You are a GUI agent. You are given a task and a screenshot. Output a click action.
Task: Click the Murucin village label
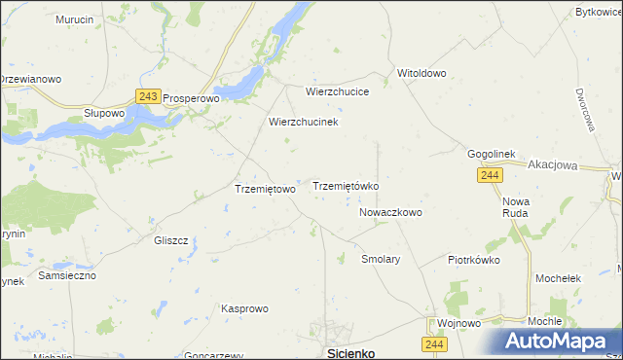pyautogui.click(x=74, y=19)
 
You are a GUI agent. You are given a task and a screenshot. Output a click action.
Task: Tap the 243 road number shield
pyautogui.click(x=148, y=96)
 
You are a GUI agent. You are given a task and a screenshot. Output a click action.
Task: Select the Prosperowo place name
pyautogui.click(x=193, y=98)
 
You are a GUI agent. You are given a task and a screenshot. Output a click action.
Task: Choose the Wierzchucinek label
pyautogui.click(x=303, y=123)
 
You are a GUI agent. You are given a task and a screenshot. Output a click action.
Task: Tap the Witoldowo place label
pyautogui.click(x=421, y=73)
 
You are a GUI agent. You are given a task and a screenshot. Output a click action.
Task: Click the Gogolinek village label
pyautogui.click(x=497, y=155)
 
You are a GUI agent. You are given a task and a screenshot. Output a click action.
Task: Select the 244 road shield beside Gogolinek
pyautogui.click(x=490, y=174)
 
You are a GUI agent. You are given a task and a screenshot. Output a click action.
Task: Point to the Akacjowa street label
pyautogui.click(x=553, y=165)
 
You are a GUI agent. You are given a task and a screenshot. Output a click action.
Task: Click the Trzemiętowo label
pyautogui.click(x=265, y=189)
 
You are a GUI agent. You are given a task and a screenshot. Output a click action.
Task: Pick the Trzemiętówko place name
pyautogui.click(x=345, y=185)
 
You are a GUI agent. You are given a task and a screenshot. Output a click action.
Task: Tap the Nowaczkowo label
pyautogui.click(x=390, y=211)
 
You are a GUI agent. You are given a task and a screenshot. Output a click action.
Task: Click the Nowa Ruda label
pyautogui.click(x=515, y=205)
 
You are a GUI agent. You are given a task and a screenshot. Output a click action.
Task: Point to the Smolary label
pyautogui.click(x=381, y=260)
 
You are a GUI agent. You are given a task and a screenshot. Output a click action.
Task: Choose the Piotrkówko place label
pyautogui.click(x=473, y=260)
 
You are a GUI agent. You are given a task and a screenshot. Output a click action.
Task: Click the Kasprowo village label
pyautogui.click(x=244, y=308)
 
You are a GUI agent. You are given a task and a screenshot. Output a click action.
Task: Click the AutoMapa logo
pyautogui.click(x=562, y=342)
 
